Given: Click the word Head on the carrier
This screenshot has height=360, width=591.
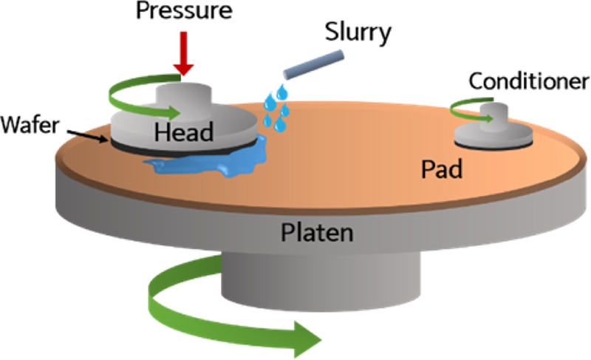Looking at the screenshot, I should pos(184,133).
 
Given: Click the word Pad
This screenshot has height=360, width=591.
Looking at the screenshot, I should pos(441,170).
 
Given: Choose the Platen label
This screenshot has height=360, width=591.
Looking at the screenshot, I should pos(316,234).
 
